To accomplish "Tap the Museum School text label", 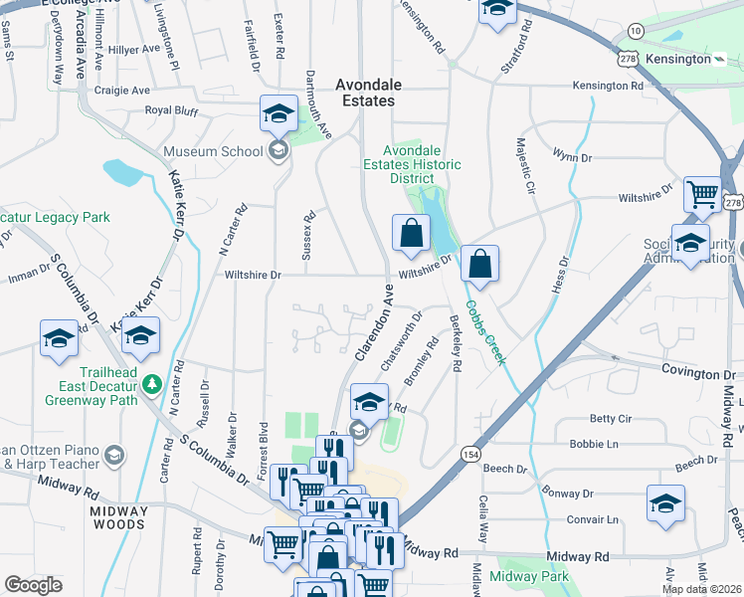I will point(212,151).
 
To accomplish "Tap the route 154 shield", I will point(467,454).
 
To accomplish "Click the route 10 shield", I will point(635,32).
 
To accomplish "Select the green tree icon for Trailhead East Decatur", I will point(151,383).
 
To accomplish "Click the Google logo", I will point(33,585).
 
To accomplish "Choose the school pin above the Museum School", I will point(279,112).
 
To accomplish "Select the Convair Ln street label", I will point(592,519).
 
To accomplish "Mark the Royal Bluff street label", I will point(172,110).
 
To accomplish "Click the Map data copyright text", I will point(701,589).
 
